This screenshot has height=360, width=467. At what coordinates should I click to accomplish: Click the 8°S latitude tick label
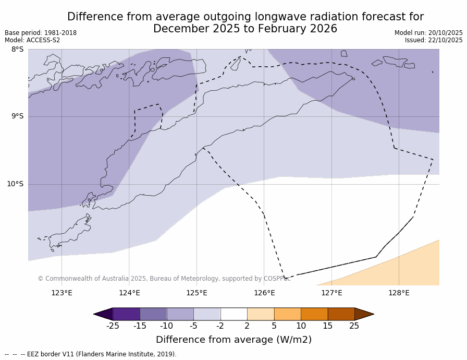point(18,50)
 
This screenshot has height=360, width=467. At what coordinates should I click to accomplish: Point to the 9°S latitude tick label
point(18,116)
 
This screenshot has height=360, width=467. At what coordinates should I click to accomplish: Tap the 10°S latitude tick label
point(16,184)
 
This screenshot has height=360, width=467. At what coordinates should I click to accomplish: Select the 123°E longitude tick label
point(62,293)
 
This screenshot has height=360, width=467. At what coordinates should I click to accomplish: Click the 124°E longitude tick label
point(129,293)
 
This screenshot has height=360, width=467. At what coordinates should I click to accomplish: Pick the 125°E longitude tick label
point(196,293)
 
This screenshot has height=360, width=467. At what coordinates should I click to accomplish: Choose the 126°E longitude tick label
point(264,293)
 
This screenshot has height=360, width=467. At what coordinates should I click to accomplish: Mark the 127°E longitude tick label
point(331,293)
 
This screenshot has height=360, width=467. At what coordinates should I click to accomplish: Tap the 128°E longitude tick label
point(399,293)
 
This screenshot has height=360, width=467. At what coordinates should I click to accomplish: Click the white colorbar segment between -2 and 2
point(233,314)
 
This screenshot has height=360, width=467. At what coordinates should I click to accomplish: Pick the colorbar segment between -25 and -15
point(126,314)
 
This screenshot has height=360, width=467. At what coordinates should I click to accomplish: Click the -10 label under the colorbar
point(166,326)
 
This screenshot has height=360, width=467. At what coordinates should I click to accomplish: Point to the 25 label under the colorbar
point(354,326)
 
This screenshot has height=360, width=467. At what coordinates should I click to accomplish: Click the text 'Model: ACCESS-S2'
point(32,40)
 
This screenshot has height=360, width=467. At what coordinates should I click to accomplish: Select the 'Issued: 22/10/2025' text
point(434,40)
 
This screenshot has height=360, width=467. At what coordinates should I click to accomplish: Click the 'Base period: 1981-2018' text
point(41,33)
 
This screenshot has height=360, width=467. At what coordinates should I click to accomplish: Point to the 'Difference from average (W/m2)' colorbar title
point(233,340)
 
